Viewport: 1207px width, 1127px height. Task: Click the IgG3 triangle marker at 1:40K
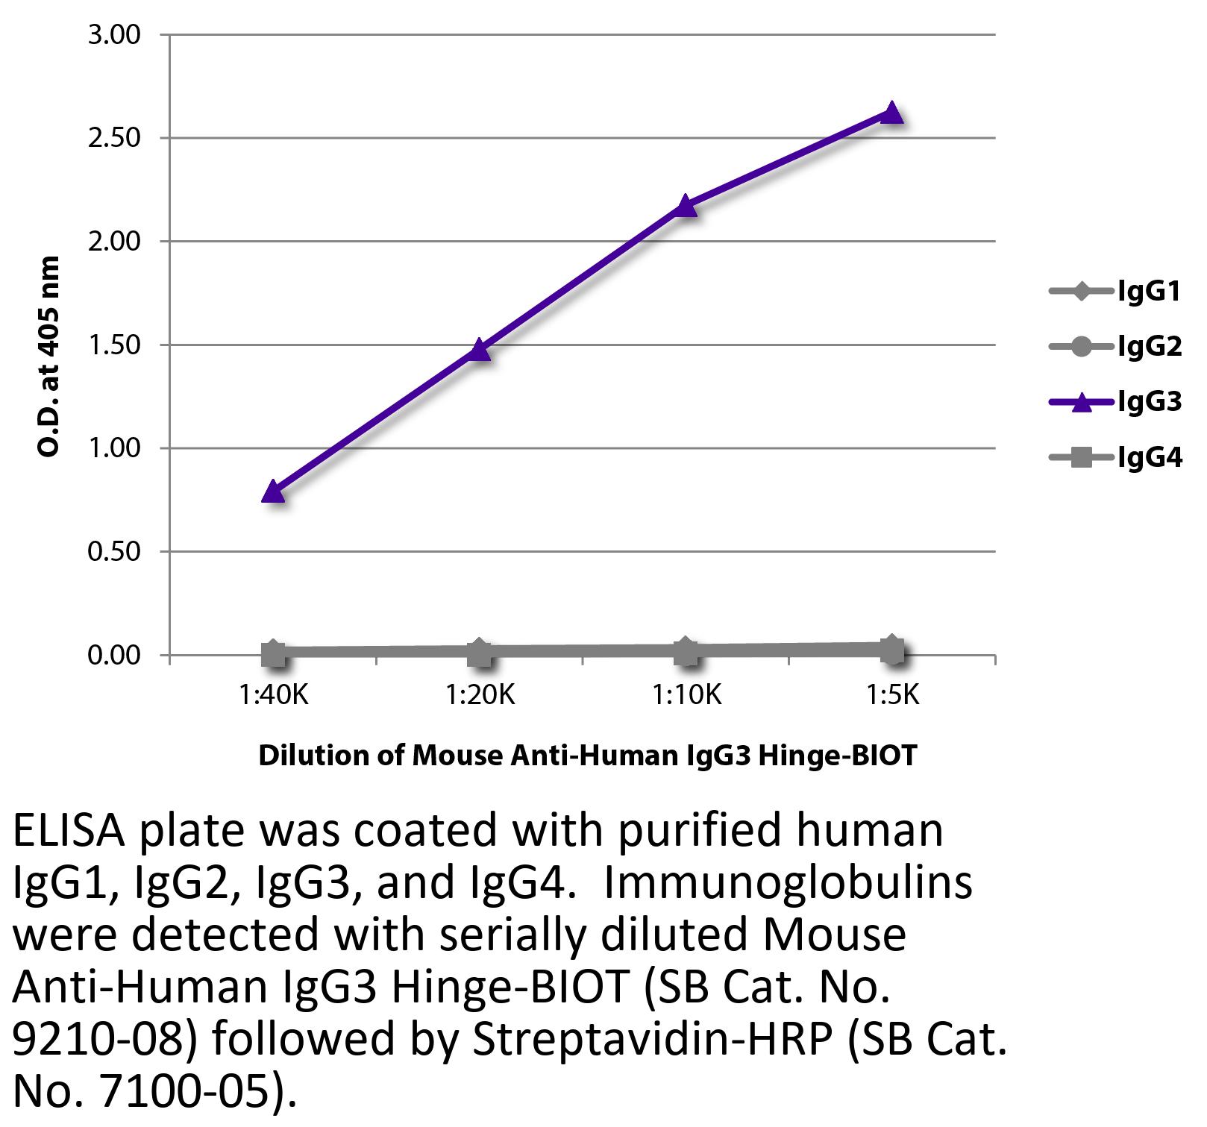pos(274,492)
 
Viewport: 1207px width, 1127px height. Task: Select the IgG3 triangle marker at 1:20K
pos(480,349)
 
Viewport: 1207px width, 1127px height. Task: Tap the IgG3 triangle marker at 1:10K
pos(686,205)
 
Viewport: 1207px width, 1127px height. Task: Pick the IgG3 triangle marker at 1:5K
pos(892,113)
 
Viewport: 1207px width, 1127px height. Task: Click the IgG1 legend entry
pos(1115,291)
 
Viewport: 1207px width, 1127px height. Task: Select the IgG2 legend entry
pos(1115,346)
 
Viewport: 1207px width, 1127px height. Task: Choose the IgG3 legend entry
pos(1115,402)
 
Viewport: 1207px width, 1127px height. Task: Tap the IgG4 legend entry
pos(1115,457)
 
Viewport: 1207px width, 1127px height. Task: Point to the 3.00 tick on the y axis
pos(114,35)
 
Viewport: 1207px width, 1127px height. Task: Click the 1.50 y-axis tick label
pos(114,345)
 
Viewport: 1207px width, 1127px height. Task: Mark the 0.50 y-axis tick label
pos(114,552)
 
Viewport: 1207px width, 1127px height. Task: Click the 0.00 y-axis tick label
pos(114,656)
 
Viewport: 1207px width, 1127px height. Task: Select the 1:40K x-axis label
pos(274,696)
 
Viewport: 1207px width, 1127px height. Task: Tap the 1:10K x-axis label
pos(686,696)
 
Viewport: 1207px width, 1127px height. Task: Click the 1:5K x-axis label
pos(892,696)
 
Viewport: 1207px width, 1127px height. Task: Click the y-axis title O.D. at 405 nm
pos(48,357)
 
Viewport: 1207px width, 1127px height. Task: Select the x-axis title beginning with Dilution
pos(587,756)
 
